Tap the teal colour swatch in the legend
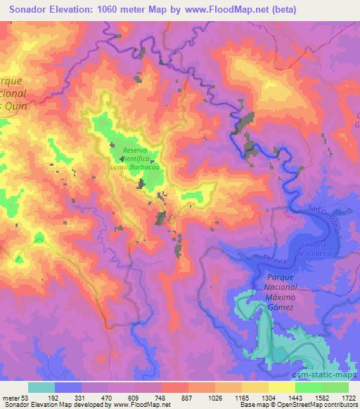[41, 387]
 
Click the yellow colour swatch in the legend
[282, 387]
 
